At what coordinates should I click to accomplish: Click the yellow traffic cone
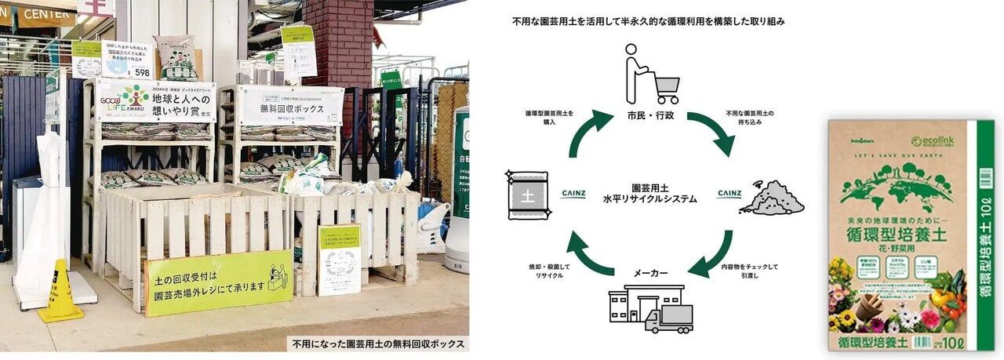60,294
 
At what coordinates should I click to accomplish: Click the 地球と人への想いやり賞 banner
155,101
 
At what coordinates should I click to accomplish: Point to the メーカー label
650,273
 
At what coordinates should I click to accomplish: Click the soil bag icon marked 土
528,193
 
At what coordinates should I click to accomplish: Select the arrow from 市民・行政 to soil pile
712,132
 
